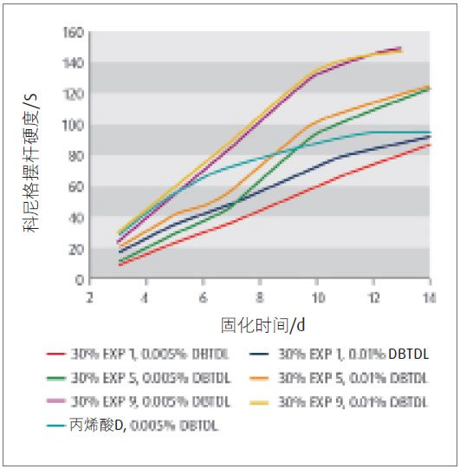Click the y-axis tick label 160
click(x=73, y=32)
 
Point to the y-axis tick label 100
click(x=73, y=125)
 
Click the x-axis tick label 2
click(x=89, y=296)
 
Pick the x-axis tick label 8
click(x=260, y=296)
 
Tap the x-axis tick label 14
click(x=430, y=296)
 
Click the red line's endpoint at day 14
click(x=431, y=145)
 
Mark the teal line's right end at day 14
click(x=431, y=132)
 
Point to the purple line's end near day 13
click(x=401, y=49)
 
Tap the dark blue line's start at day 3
click(x=118, y=252)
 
